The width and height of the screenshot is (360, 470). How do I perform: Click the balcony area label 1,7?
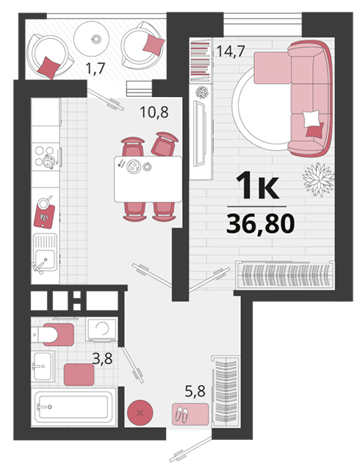(95, 68)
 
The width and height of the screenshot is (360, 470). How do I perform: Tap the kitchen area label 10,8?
(154, 112)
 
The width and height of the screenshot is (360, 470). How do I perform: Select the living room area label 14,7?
(231, 51)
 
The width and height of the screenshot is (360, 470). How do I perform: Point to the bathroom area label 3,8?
(102, 358)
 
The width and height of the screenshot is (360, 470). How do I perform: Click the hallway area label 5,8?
(195, 391)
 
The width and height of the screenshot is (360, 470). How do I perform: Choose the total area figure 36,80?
(260, 224)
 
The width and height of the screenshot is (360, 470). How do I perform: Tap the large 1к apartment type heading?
(258, 187)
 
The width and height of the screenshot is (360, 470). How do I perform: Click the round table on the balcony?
(91, 39)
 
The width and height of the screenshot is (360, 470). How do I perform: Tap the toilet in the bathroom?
(52, 334)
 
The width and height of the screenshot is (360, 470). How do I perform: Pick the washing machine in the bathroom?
(101, 330)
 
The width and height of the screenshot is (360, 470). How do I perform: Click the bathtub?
(73, 407)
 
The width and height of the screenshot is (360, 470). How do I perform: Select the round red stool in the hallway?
(140, 413)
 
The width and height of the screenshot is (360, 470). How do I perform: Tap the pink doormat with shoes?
(190, 414)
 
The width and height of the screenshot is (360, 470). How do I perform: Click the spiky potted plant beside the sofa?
(318, 180)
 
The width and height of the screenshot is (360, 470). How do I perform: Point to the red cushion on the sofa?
(314, 131)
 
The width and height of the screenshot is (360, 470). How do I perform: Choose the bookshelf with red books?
(201, 60)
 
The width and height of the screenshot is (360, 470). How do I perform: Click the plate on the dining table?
(133, 167)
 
